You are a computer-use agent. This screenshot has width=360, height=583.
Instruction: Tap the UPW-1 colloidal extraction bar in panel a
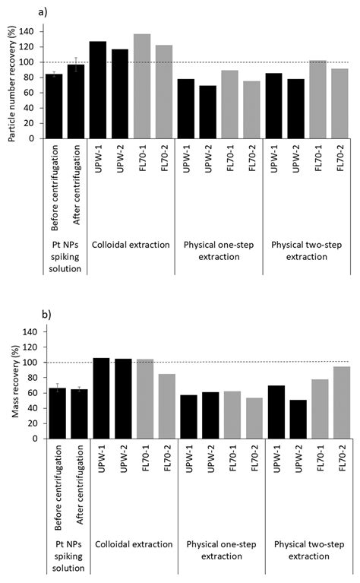(x=98, y=90)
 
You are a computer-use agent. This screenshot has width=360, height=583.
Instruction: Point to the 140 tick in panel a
(x=30, y=32)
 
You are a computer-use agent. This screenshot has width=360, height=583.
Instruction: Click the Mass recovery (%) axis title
(x=11, y=385)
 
